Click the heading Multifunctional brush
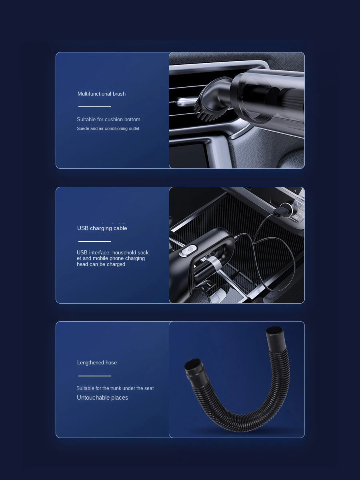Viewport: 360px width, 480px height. (x=102, y=94)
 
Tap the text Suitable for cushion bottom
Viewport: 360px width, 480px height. (x=108, y=119)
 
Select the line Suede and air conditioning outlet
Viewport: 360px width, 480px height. (x=108, y=128)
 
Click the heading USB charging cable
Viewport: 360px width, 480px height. (x=102, y=228)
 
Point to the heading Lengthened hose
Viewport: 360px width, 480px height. (x=97, y=362)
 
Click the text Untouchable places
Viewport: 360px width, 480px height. (x=102, y=398)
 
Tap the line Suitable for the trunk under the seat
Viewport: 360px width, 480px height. (x=115, y=388)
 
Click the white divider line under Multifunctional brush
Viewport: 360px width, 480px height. (x=95, y=107)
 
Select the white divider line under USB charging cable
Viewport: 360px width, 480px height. (x=95, y=242)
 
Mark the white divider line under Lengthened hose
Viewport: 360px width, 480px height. (x=95, y=376)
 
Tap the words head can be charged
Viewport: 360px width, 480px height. (x=101, y=264)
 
